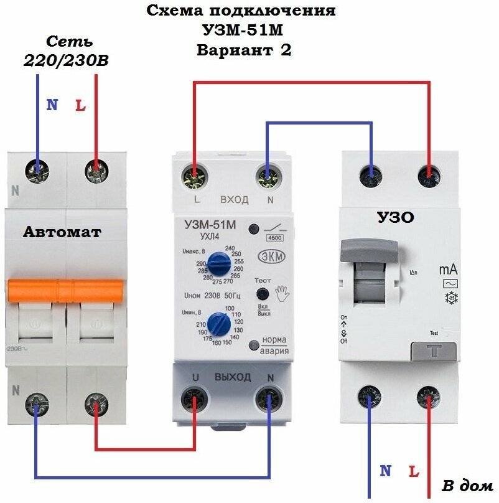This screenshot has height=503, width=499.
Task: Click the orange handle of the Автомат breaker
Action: coord(65,289)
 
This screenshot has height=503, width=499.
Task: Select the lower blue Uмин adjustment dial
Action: coord(217,324)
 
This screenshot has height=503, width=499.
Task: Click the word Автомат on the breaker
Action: coord(62,232)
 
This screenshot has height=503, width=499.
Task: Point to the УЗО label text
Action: coord(396,217)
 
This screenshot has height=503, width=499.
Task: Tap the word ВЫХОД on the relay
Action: coord(232,377)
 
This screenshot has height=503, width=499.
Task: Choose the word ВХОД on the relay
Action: coord(234,200)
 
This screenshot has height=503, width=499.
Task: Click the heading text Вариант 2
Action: coord(244,50)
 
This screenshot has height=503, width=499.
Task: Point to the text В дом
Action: coord(467,485)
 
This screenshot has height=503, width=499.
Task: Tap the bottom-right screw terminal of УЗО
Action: coord(429,397)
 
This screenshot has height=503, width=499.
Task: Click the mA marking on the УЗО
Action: coord(449,269)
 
